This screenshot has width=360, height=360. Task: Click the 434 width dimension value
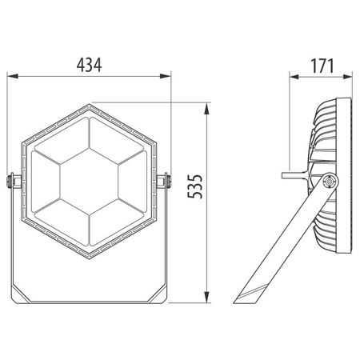tap(89, 65)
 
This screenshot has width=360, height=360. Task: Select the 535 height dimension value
tap(195, 186)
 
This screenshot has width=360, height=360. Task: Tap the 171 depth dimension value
tap(322, 66)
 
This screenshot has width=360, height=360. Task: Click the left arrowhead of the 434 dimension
tap(13, 76)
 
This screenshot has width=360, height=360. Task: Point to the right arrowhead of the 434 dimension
tap(165, 76)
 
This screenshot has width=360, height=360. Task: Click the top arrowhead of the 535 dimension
tap(206, 109)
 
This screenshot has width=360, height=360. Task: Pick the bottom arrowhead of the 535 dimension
tap(206, 297)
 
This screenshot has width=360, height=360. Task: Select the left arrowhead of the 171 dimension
tap(294, 77)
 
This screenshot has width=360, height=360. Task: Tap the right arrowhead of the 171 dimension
tap(347, 77)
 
